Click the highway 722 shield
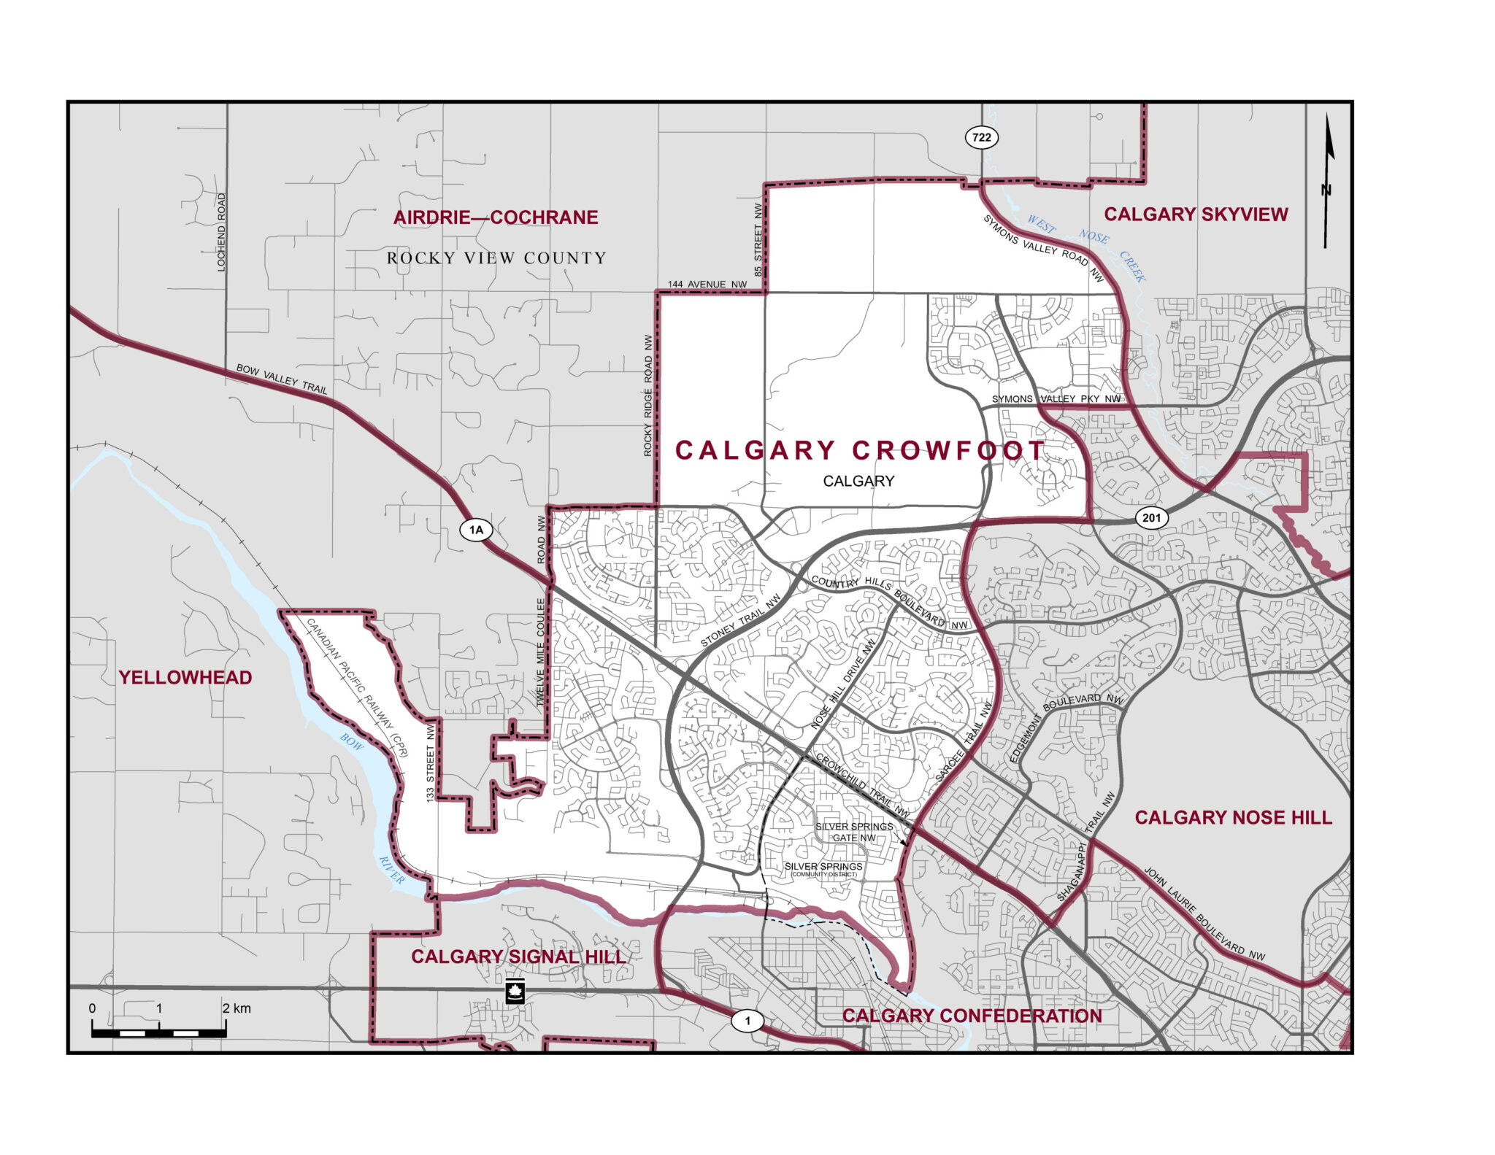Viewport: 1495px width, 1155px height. click(x=982, y=137)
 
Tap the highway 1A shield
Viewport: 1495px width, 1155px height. click(x=476, y=530)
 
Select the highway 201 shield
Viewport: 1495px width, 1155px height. click(x=1151, y=518)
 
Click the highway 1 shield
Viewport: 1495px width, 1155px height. click(x=747, y=1021)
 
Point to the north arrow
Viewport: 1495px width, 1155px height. click(x=1328, y=182)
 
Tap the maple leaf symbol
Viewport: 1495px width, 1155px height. click(x=515, y=992)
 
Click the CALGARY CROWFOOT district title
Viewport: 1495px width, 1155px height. click(x=860, y=450)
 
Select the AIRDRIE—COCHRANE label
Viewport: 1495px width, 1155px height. click(x=496, y=217)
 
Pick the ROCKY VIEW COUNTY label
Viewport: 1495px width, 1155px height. click(x=496, y=258)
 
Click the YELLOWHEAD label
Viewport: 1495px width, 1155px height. click(x=185, y=678)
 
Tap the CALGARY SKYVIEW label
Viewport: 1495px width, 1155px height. click(x=1196, y=215)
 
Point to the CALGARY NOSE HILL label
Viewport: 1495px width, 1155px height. click(x=1233, y=818)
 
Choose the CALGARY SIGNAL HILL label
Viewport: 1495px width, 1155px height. click(x=518, y=957)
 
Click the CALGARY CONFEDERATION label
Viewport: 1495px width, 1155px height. click(x=972, y=1016)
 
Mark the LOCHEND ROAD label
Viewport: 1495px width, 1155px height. click(x=222, y=232)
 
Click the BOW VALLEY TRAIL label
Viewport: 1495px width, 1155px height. click(x=282, y=379)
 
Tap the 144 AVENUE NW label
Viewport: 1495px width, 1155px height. click(x=707, y=285)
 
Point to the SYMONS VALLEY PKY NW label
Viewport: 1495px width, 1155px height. click(x=1056, y=399)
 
